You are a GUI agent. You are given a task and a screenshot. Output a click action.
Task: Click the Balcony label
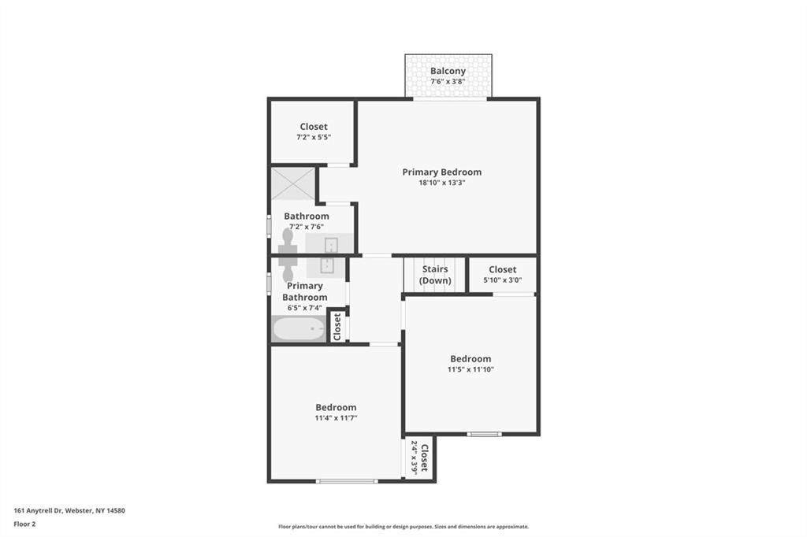[x=448, y=71]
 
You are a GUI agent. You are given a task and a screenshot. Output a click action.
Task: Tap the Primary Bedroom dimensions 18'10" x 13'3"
[x=442, y=183]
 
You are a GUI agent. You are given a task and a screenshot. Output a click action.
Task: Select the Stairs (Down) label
[x=435, y=275]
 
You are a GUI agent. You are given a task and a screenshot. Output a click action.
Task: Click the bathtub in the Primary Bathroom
[x=299, y=329]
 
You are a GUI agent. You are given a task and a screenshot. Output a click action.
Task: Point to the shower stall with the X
[x=293, y=183]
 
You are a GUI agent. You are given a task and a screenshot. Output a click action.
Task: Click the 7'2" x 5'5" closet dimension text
[x=314, y=137]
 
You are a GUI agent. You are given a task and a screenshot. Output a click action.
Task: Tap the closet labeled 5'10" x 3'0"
[x=502, y=274]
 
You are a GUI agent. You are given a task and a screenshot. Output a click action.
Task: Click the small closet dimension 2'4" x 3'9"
[x=414, y=457]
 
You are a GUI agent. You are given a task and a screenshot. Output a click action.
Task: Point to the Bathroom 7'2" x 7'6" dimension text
[x=307, y=227]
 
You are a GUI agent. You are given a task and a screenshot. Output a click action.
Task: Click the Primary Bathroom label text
[x=305, y=291]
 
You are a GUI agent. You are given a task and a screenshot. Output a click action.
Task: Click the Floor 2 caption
[x=24, y=524]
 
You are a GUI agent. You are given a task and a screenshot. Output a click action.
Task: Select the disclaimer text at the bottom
[x=403, y=527]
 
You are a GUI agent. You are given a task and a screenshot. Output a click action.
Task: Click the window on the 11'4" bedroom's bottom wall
[x=347, y=481]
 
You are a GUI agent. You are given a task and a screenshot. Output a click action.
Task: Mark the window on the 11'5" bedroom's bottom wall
[x=485, y=434]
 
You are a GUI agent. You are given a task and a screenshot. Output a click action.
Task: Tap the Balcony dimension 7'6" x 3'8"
[x=448, y=81]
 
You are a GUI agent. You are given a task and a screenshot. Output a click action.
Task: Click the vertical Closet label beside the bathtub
[x=337, y=327]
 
